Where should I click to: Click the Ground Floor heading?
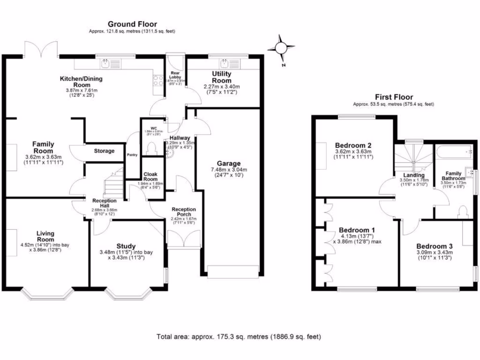point(132,24)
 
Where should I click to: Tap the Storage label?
point(104,151)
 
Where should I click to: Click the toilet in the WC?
point(151,149)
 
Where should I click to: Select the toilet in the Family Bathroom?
point(463,211)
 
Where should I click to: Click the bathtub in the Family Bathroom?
point(453,152)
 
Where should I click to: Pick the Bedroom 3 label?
point(434,246)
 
